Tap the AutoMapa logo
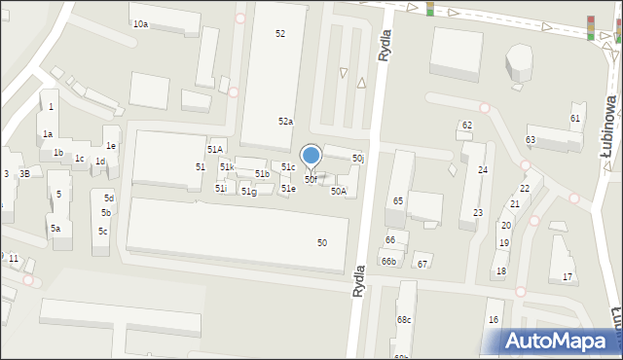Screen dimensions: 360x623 [561, 340]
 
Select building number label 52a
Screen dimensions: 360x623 [285, 122]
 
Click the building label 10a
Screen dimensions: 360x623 [140, 23]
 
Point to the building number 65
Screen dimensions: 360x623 [397, 200]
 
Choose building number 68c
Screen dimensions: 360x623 [403, 320]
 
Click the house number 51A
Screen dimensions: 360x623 [214, 149]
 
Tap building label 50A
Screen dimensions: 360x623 [338, 192]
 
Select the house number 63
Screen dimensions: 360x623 [530, 140]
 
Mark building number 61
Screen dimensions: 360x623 [575, 119]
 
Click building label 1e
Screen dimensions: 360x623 [111, 146]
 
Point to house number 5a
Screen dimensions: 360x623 [55, 229]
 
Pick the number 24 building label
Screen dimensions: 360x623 [482, 170]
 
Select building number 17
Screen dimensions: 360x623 [568, 277]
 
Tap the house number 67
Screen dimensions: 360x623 [421, 265]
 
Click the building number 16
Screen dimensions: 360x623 [494, 320]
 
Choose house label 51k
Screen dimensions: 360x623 [226, 167]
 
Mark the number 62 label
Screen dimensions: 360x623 [467, 126]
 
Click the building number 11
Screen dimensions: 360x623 [13, 259]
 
